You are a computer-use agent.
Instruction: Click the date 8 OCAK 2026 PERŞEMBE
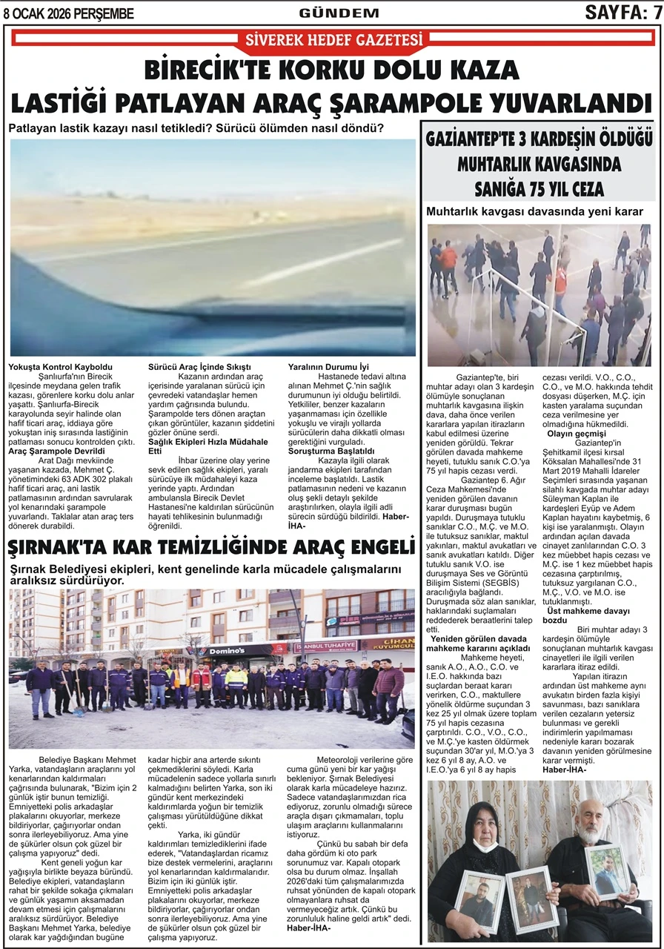(x=68, y=13)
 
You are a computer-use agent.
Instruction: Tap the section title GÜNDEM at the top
(x=339, y=13)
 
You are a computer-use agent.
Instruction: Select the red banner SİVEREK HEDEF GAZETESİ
(x=333, y=39)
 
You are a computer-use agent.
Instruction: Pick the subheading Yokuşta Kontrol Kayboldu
(x=60, y=367)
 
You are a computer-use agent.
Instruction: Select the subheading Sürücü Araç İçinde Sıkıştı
(x=200, y=367)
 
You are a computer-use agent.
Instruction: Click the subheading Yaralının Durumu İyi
(x=328, y=367)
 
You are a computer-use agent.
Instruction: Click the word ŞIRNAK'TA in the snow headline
(x=62, y=549)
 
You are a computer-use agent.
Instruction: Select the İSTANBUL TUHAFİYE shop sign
(x=325, y=647)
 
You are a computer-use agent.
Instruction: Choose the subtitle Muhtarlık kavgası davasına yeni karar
(x=534, y=212)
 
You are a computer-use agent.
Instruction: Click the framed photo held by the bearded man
(x=606, y=872)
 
